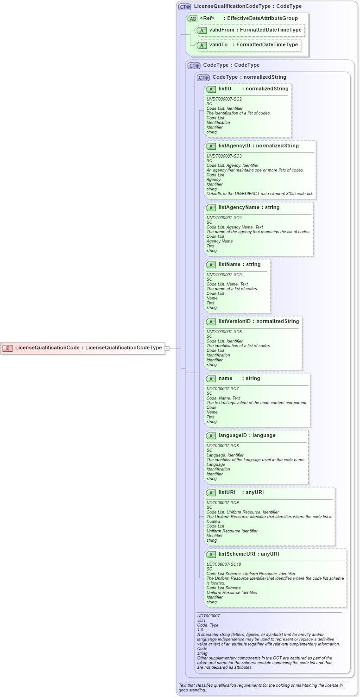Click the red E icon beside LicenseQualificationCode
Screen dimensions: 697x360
point(7,348)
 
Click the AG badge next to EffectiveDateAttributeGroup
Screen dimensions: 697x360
point(192,19)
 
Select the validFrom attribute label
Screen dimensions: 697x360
point(221,30)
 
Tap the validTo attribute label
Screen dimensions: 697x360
point(218,45)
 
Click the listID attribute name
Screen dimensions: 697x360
point(225,89)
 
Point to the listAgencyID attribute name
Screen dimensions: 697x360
point(234,146)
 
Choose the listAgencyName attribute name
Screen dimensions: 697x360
point(239,208)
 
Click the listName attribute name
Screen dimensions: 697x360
point(229,265)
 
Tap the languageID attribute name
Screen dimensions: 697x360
point(234,436)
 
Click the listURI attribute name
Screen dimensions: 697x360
point(227,493)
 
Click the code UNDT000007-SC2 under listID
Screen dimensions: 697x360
point(224,99)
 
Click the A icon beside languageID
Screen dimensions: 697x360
point(211,436)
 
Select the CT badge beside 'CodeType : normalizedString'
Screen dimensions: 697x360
point(203,77)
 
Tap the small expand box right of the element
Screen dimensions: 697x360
point(167,348)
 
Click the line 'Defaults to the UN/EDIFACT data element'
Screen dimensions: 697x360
point(259,194)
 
